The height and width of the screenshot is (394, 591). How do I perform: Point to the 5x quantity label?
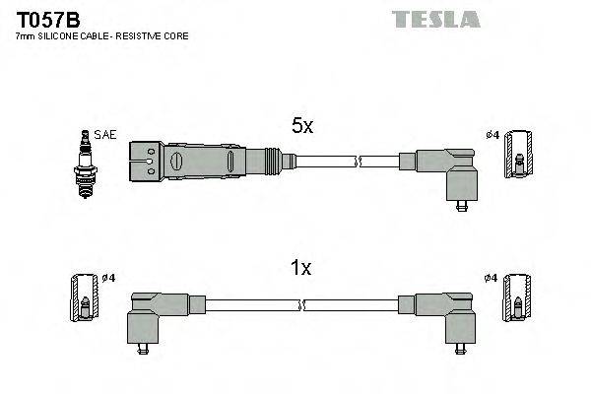coord(301,126)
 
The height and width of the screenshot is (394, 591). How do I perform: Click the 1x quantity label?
coord(301,267)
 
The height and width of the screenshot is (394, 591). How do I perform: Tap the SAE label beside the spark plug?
coord(104,135)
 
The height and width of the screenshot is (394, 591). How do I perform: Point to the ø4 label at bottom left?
coord(108,279)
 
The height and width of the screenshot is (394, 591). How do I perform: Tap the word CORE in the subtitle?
coord(175,35)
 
